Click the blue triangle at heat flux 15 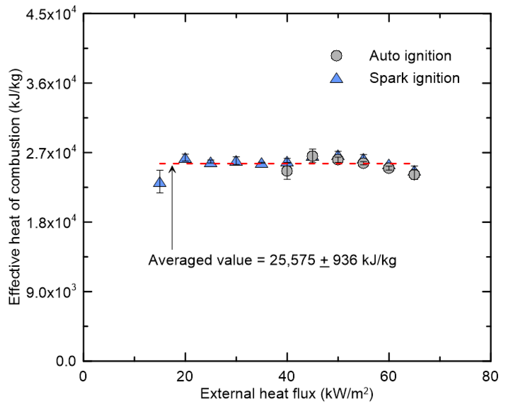click(x=160, y=182)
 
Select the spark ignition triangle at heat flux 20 click(x=185, y=158)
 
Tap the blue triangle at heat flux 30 click(x=236, y=161)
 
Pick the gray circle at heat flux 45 click(x=313, y=156)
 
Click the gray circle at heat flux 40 click(x=287, y=171)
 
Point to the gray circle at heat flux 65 click(x=414, y=174)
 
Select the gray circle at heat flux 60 click(x=389, y=168)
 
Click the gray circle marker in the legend click(x=336, y=56)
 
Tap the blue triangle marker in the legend click(x=336, y=78)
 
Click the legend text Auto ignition click(x=410, y=56)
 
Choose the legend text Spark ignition click(x=414, y=78)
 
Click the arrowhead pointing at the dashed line click(x=172, y=169)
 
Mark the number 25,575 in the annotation click(x=292, y=260)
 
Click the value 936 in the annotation click(x=345, y=260)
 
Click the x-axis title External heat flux click(x=287, y=394)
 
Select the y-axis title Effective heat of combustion click(x=15, y=187)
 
